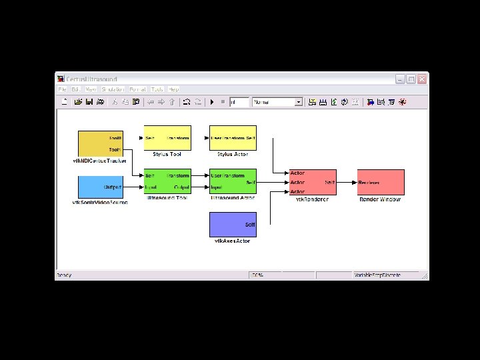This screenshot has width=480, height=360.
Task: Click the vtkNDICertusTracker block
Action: [x=101, y=144]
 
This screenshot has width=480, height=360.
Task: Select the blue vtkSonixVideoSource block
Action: [x=101, y=187]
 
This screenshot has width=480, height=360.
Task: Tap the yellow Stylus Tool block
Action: [x=167, y=138]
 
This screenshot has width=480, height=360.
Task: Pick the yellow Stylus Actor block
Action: [x=233, y=138]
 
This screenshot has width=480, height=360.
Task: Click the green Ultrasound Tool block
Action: [x=167, y=181]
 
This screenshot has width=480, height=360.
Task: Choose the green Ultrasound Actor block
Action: [x=233, y=181]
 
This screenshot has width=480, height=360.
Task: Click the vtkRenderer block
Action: [x=312, y=182]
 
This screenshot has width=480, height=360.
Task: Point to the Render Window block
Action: [x=381, y=182]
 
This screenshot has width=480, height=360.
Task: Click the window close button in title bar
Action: [x=421, y=79]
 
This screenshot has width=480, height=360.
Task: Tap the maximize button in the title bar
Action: [x=411, y=79]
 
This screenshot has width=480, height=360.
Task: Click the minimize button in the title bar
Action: [x=400, y=79]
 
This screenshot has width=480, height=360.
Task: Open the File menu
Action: [x=62, y=89]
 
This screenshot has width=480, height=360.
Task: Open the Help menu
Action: [x=173, y=89]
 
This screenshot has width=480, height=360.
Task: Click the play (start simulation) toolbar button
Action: [x=212, y=102]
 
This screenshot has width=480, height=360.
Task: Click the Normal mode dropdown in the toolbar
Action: [x=277, y=102]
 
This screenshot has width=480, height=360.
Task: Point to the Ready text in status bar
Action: [x=64, y=275]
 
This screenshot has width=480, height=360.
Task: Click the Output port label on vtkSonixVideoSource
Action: [x=112, y=187]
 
